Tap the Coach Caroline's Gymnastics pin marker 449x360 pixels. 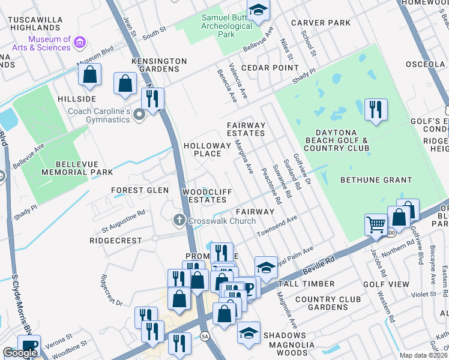point(139,114)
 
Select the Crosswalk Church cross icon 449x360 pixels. point(178,221)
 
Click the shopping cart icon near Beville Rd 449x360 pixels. point(376,224)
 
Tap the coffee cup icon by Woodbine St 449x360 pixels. point(28,346)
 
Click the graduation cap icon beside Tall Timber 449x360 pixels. point(266,268)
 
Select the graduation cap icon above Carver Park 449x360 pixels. point(258,10)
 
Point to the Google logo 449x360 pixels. point(20,353)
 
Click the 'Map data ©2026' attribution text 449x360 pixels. point(424,355)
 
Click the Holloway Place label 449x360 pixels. point(207,149)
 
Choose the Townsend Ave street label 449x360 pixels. point(277,227)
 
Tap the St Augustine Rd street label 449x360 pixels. point(123,229)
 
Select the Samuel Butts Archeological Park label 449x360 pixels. point(226,26)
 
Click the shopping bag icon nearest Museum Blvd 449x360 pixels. point(89,74)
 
